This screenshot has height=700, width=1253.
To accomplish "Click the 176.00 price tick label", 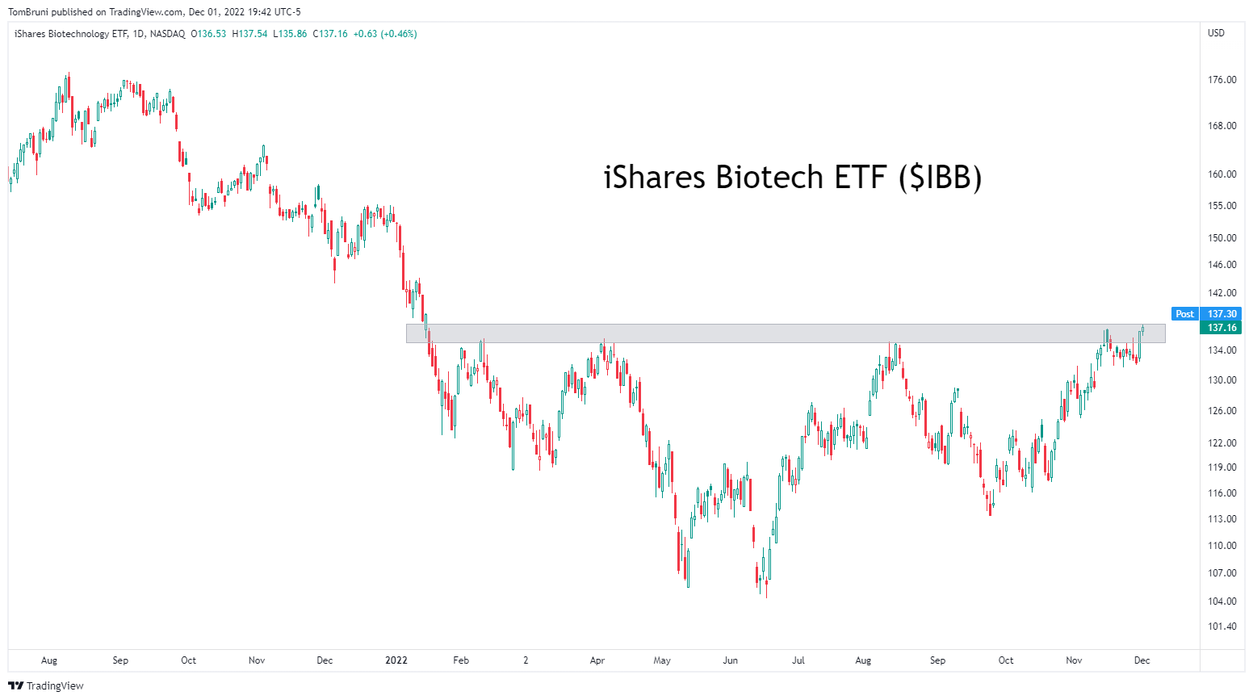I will (1222, 80).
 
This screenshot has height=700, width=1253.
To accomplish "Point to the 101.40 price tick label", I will (1222, 627).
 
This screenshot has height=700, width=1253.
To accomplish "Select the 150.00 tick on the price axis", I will (1222, 238).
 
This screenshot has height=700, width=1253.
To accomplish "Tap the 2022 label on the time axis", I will (396, 660).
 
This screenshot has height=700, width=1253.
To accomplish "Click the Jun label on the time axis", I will (730, 660).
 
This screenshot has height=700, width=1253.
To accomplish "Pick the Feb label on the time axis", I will (461, 660).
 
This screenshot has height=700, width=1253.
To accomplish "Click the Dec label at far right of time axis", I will (1142, 660).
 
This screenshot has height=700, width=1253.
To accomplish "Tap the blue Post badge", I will (1184, 314).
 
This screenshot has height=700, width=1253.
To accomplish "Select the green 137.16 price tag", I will (1222, 328).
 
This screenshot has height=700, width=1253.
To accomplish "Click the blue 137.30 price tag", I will (1222, 314).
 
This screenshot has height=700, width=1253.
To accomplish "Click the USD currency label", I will (1216, 33).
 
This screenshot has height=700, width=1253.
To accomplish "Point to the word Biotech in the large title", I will (769, 178).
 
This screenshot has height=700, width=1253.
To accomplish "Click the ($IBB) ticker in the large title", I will (940, 178).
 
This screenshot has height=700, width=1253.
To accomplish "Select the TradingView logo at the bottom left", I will (46, 686).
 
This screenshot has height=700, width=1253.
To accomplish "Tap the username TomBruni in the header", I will (28, 12).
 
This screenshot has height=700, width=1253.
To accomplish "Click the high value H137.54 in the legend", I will (249, 34).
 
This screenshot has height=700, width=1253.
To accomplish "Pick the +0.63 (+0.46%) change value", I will (383, 34).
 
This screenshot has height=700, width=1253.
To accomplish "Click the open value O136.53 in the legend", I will (208, 34).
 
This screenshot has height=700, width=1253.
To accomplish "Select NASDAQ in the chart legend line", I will (167, 34).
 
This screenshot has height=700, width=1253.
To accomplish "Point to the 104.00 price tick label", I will (1222, 601).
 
